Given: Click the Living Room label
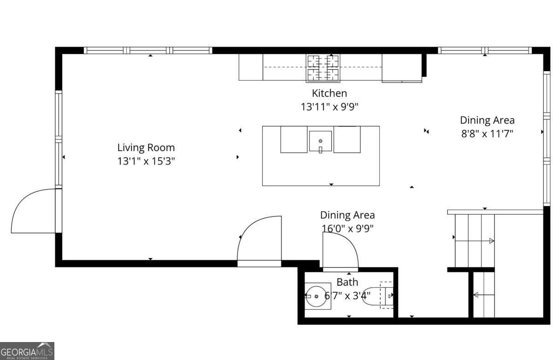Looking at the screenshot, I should pyautogui.click(x=146, y=148).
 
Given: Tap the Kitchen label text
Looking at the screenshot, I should pyautogui.click(x=329, y=93).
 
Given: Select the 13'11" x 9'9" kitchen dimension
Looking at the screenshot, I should pyautogui.click(x=329, y=107).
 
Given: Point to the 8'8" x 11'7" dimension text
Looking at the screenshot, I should pyautogui.click(x=487, y=134).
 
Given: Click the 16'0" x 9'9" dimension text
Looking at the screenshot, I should pyautogui.click(x=347, y=228).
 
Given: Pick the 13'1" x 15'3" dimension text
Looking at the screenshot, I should pyautogui.click(x=146, y=162).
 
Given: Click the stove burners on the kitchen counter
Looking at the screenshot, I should pyautogui.click(x=323, y=67).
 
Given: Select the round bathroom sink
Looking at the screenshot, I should pyautogui.click(x=317, y=296).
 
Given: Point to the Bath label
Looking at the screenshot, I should pyautogui.click(x=347, y=283).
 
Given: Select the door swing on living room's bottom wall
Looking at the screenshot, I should pyautogui.click(x=260, y=240).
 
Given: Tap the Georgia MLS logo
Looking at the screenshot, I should pyautogui.click(x=27, y=351).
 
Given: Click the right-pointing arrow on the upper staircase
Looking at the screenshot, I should pyautogui.click(x=491, y=241).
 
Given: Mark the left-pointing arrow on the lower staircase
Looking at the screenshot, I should pyautogui.click(x=476, y=295).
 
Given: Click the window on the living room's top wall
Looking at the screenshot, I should pyautogui.click(x=148, y=50).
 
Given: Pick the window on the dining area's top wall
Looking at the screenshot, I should pyautogui.click(x=485, y=50).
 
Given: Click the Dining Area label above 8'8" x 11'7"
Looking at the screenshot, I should pyautogui.click(x=487, y=120).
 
